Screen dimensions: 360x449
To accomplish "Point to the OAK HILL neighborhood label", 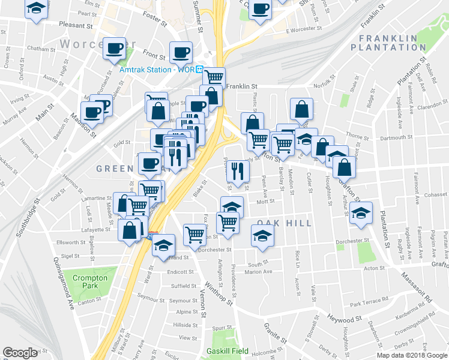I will (285, 223).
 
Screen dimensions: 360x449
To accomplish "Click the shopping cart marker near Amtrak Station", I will (214, 77).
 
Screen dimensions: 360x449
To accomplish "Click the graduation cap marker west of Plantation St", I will (361, 213).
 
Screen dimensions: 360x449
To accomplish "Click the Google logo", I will (20, 353).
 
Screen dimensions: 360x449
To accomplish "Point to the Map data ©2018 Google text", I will (412, 355).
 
